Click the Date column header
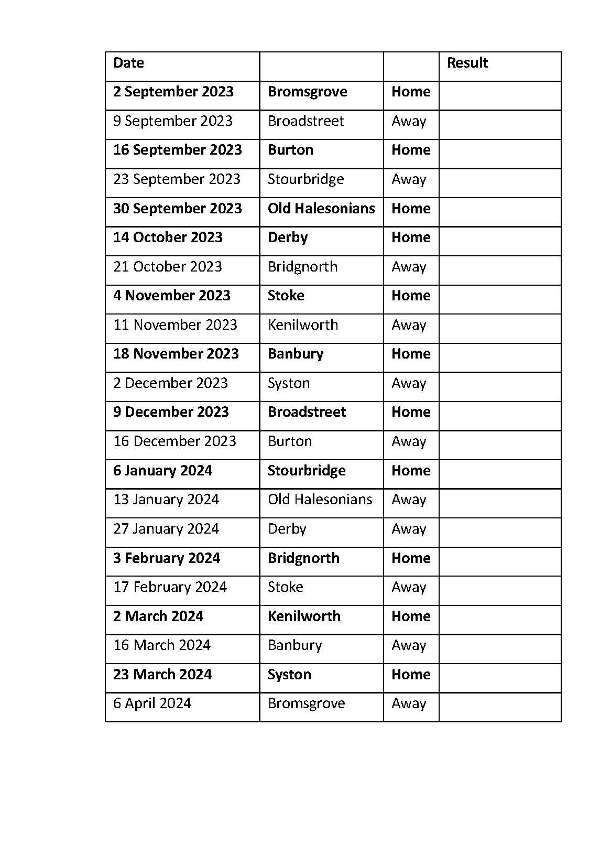click(128, 63)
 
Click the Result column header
click(467, 63)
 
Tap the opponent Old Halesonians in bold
click(321, 209)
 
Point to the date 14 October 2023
click(168, 237)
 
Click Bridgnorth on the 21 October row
click(302, 267)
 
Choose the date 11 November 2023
click(175, 325)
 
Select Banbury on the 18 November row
click(296, 354)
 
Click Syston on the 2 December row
click(289, 383)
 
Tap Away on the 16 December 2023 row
click(409, 441)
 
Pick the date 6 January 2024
click(162, 471)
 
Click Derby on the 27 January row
click(287, 529)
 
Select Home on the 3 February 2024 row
click(411, 558)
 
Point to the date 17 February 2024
click(170, 587)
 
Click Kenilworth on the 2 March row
click(304, 616)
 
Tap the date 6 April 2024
click(152, 703)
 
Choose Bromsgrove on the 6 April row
click(306, 703)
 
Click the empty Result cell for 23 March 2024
click(499, 678)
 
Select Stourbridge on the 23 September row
click(305, 179)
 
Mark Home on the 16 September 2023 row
click(411, 150)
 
